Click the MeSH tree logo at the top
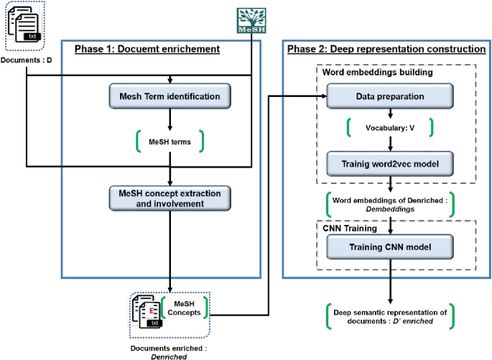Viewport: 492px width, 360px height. coord(251,21)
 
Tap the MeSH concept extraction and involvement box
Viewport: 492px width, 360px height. coord(170,199)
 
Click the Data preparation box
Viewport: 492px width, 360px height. coord(390,95)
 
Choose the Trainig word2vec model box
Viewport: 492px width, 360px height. coord(390,164)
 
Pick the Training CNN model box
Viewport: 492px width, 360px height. coord(390,248)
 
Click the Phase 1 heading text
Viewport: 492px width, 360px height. coord(147,49)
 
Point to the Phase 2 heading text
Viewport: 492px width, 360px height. coord(386,49)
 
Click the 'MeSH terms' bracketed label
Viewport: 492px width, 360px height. coord(170,142)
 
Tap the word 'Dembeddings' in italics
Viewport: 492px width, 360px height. coord(391,208)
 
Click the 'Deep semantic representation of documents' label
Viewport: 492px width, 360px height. coord(390,316)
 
